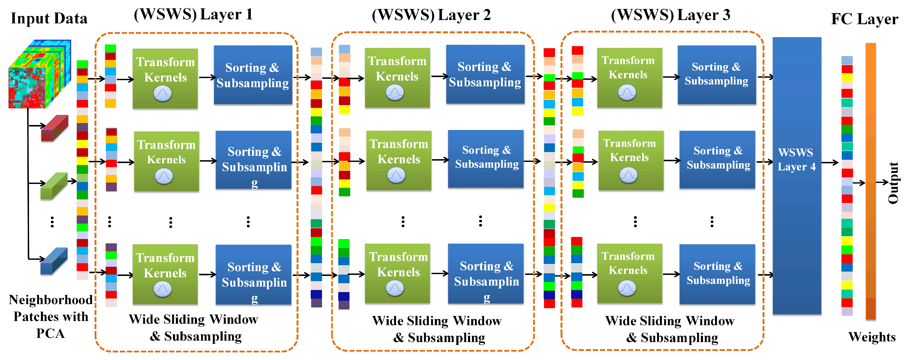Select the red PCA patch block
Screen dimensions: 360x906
pos(54,128)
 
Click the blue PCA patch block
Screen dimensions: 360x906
pos(54,261)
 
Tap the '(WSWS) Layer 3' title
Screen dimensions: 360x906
pos(670,15)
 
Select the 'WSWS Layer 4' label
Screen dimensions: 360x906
pos(796,160)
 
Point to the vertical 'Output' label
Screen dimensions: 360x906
pos(893,183)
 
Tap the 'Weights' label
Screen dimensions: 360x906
pos(872,337)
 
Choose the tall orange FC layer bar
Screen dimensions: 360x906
pos(871,181)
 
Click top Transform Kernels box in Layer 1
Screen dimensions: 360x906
pos(165,78)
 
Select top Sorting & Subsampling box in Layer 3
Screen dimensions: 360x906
pos(716,74)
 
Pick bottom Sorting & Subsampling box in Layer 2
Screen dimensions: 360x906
pos(486,273)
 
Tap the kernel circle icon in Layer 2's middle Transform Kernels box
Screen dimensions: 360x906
pos(396,175)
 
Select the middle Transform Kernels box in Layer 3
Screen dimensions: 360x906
pos(631,160)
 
